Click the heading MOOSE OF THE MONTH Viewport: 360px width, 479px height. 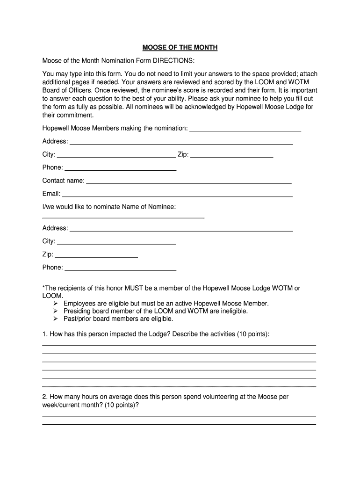[x=180, y=48]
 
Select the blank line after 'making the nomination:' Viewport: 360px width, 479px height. [x=245, y=129]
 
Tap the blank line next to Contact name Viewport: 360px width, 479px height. [x=189, y=181]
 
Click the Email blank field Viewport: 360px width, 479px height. [x=177, y=194]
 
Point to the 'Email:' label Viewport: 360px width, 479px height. [x=51, y=194]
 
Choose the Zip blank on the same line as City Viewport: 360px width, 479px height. [x=232, y=155]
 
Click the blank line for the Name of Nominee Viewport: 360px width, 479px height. [x=123, y=217]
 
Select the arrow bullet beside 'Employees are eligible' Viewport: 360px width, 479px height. [x=55, y=304]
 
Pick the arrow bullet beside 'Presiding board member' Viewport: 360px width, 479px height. [x=55, y=311]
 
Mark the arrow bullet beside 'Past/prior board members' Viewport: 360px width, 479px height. [x=55, y=319]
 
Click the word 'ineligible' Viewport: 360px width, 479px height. [x=231, y=311]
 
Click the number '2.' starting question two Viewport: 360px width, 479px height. [x=45, y=397]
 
